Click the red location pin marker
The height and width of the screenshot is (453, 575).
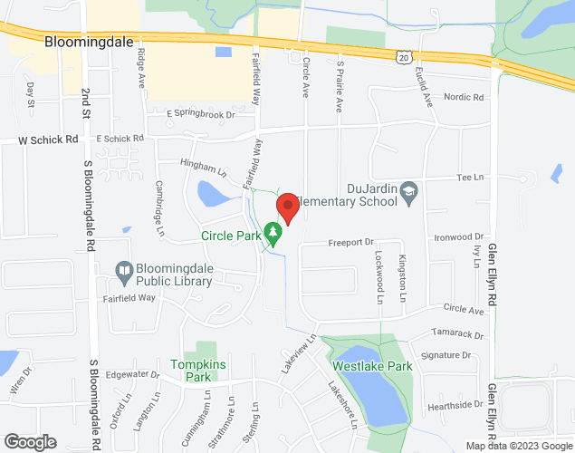(287, 207)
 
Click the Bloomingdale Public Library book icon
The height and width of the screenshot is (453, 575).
(125, 269)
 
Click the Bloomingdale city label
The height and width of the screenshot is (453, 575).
(89, 42)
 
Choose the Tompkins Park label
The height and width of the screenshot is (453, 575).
(190, 371)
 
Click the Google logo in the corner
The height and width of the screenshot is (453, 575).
(30, 442)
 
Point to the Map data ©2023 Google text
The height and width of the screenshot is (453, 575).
(519, 446)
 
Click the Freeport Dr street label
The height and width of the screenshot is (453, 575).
(350, 242)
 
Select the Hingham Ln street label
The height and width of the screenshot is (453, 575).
(204, 169)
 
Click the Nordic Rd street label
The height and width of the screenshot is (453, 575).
(464, 97)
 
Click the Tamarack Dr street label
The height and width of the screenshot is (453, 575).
(459, 335)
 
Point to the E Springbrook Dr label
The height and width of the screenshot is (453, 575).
(201, 114)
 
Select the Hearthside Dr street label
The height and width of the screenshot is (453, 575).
(453, 404)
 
